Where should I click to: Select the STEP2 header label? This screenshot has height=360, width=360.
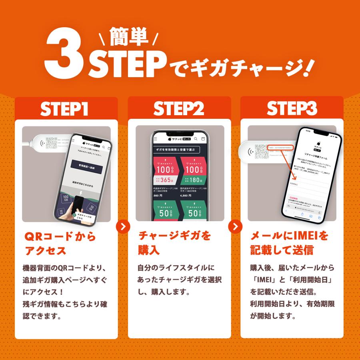[x=179, y=109]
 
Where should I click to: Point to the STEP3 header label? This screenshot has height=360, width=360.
[x=292, y=109]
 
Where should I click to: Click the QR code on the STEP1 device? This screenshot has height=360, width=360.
[x=52, y=143]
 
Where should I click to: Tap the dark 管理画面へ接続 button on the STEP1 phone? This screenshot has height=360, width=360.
[x=90, y=165]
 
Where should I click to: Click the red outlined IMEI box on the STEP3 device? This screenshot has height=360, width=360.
[x=280, y=147]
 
